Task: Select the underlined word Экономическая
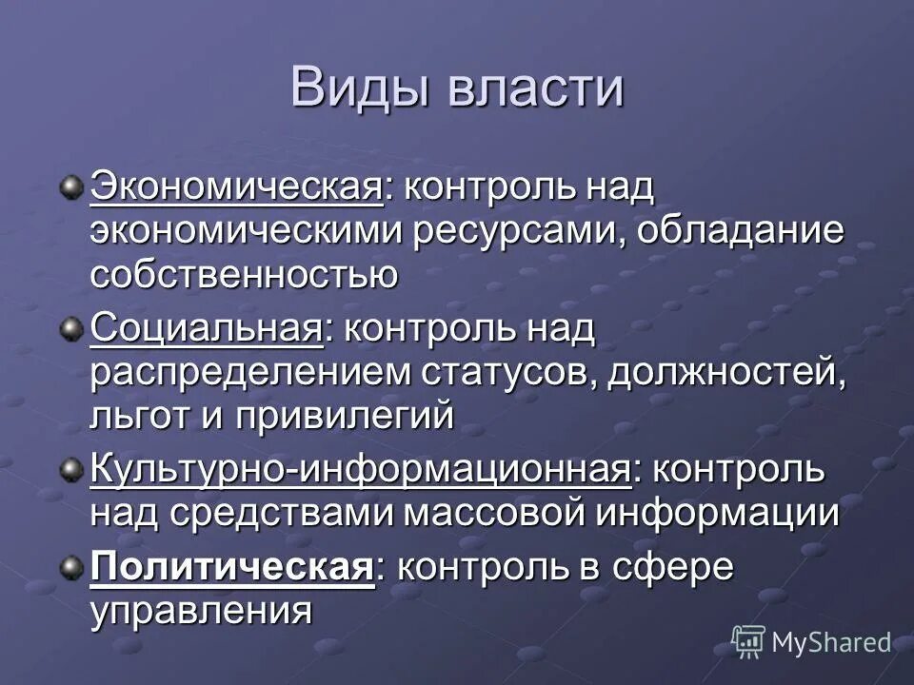(236, 187)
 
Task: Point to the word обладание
(741, 232)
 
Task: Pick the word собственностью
(244, 276)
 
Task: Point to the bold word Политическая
(230, 568)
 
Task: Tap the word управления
(202, 611)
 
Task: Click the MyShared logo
(811, 641)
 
